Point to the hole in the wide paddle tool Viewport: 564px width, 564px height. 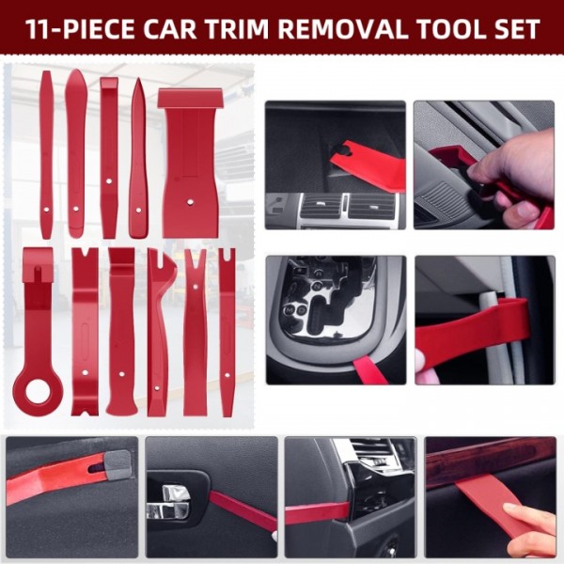coord(189,199)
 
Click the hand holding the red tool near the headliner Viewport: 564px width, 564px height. coord(512,179)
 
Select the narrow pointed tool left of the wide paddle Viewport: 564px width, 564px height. coord(138,160)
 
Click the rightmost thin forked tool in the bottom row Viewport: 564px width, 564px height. coord(227,329)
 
